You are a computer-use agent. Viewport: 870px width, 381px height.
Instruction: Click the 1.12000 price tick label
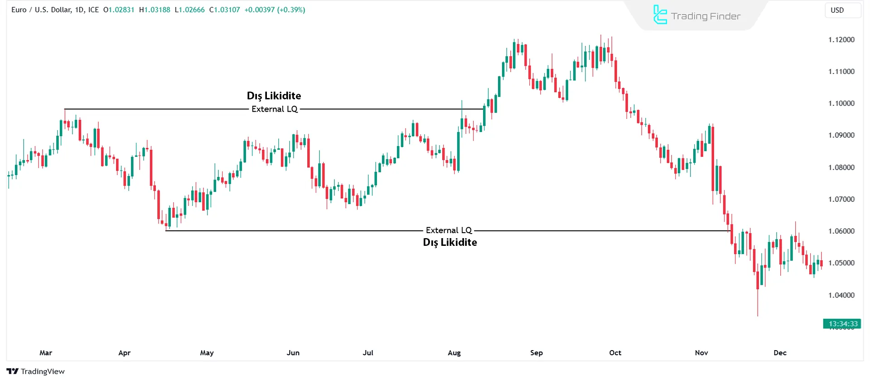[x=841, y=40]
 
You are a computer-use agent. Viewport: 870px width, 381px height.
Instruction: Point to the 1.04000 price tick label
[x=841, y=295]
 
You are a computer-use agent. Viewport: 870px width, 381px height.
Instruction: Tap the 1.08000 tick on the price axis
[x=841, y=167]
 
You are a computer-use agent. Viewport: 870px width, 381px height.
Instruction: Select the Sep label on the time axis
[x=536, y=353]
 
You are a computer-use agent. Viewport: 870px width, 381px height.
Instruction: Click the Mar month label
[x=46, y=353]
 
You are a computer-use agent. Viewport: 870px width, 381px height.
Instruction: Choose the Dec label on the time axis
[x=780, y=353]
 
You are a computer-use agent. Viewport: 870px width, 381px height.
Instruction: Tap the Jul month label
[x=368, y=353]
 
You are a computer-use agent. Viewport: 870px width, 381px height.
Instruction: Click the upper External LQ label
[x=275, y=109]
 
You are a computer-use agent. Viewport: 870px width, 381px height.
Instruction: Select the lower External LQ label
[x=449, y=230]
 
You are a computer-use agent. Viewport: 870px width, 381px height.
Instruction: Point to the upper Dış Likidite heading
[x=274, y=96]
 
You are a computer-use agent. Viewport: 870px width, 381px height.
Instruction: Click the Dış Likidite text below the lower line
[x=449, y=242]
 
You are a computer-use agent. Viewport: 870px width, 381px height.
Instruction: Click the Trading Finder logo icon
[x=660, y=15]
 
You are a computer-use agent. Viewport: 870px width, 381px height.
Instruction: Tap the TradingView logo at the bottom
[x=36, y=371]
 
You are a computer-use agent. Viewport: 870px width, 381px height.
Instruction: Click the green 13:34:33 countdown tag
[x=842, y=324]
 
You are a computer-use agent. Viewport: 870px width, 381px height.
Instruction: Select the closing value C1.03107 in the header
[x=225, y=10]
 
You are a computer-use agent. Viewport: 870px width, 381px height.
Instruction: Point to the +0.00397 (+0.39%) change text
[x=275, y=10]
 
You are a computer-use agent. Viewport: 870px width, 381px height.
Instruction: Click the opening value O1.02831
[x=119, y=10]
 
